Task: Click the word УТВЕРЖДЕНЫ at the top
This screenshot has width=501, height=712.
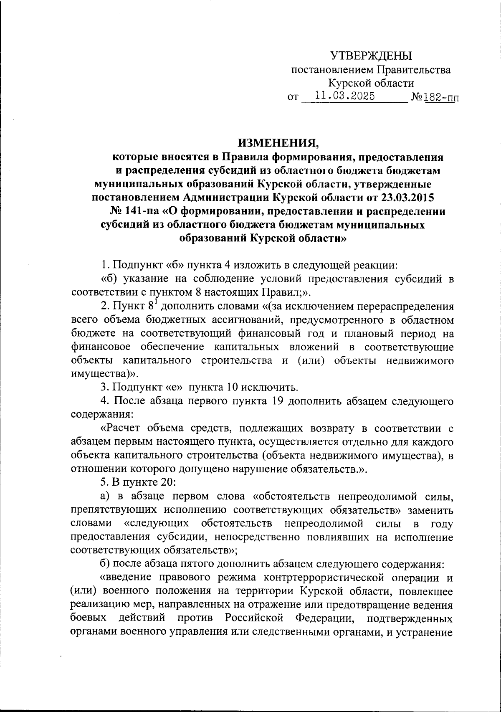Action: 371,56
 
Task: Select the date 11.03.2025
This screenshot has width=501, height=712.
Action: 345,96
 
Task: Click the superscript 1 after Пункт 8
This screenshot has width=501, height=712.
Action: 154,302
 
